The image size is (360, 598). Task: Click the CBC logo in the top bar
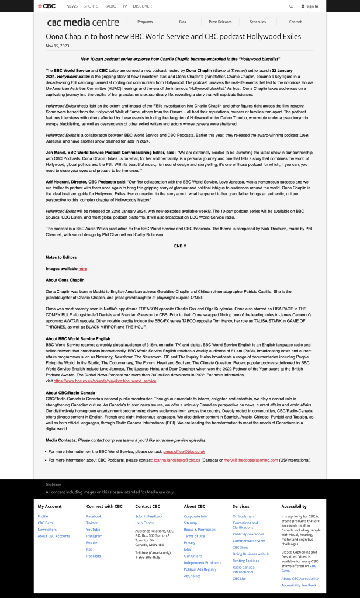(x=46, y=6)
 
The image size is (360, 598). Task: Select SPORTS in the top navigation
(x=91, y=6)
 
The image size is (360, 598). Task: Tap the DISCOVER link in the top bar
(x=142, y=6)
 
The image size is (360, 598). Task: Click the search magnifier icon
(x=291, y=6)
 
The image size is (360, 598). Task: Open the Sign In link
(x=310, y=6)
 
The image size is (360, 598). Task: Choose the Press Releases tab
(x=220, y=22)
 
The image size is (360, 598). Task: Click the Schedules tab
(x=258, y=22)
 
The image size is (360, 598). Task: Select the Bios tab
(x=182, y=22)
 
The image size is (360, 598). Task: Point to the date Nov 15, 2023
(x=57, y=45)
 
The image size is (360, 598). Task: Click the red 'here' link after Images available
(x=83, y=269)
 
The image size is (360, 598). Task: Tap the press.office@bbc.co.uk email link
(x=184, y=451)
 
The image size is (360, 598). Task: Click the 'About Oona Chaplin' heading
(x=65, y=280)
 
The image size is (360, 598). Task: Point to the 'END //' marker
(x=180, y=246)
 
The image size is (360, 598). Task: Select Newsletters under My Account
(x=47, y=529)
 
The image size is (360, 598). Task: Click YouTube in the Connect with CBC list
(x=93, y=529)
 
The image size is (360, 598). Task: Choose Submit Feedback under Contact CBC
(x=148, y=516)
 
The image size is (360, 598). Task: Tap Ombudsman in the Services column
(x=243, y=516)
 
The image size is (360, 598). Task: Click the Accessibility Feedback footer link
(x=299, y=585)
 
